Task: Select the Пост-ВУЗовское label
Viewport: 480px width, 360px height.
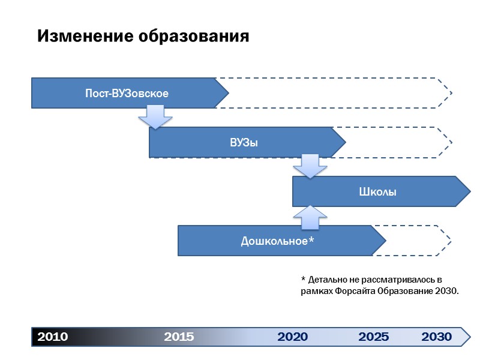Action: click(126, 94)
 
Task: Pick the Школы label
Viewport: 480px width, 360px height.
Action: click(377, 192)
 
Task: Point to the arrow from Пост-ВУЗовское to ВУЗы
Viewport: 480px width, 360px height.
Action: click(155, 117)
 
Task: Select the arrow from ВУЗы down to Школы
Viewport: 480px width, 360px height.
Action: click(310, 166)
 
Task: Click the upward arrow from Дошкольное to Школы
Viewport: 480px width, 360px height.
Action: click(310, 217)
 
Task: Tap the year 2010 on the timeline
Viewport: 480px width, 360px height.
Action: click(53, 337)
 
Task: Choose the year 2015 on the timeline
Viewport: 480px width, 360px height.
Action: click(179, 337)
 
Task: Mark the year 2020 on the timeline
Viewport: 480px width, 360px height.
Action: click(292, 337)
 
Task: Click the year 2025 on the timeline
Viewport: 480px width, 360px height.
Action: click(373, 337)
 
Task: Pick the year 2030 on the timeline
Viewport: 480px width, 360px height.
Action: click(436, 337)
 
